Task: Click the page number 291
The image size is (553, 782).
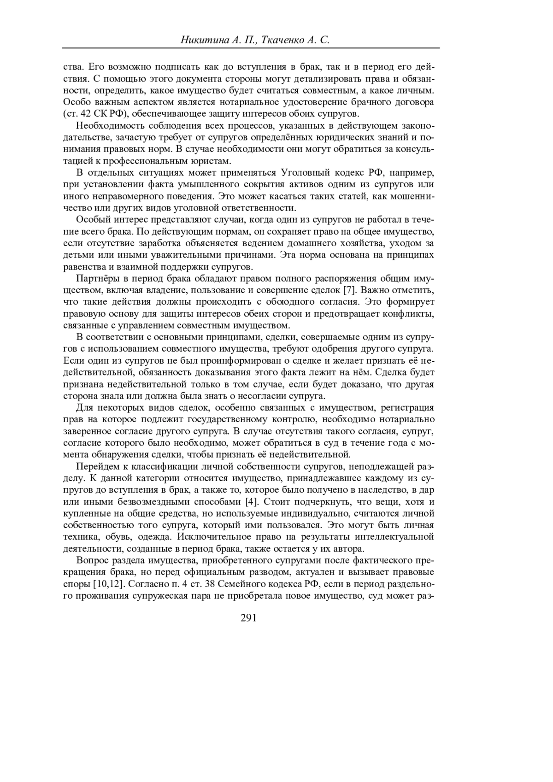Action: tap(248, 618)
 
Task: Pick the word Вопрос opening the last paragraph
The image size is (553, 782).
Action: tap(91, 561)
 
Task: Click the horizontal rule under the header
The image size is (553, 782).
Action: tap(251, 48)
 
